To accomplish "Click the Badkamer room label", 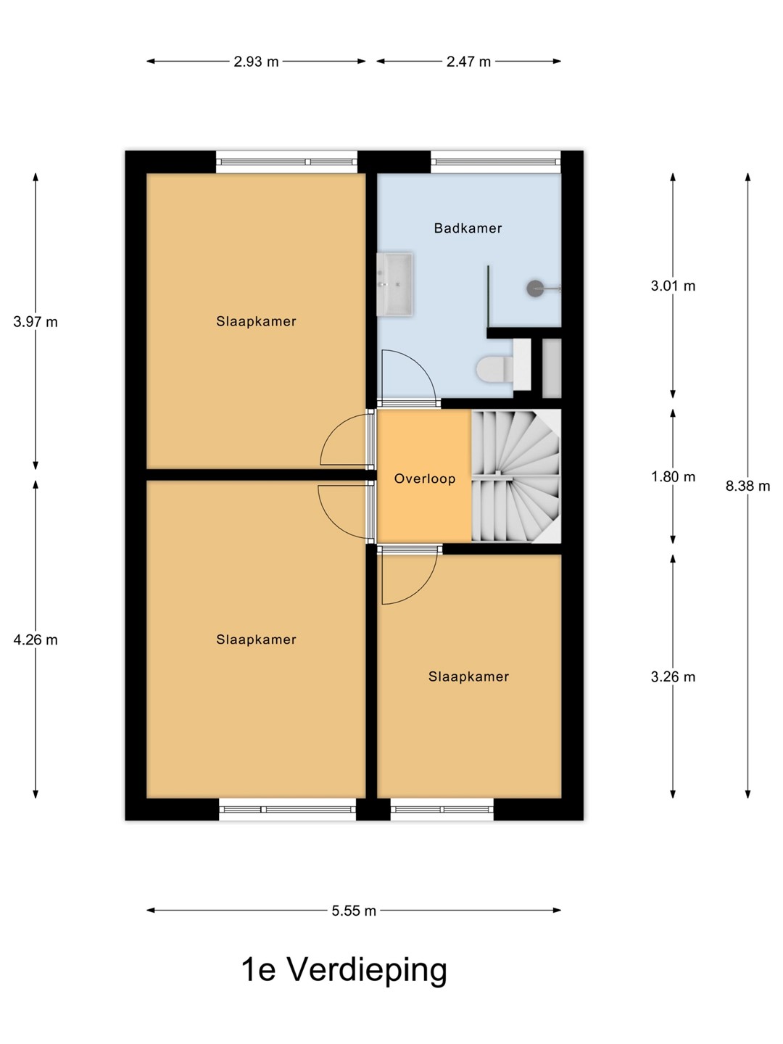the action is [x=468, y=228].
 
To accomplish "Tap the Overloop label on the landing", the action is [x=425, y=478].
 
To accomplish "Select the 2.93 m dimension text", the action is [x=256, y=62].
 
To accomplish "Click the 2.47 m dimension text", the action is [x=468, y=62].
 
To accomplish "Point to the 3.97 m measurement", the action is [x=36, y=322].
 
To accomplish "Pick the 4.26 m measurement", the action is [x=36, y=639].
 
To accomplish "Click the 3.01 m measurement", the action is [x=673, y=286].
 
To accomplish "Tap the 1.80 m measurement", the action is [x=673, y=476].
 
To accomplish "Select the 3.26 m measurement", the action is [x=673, y=677].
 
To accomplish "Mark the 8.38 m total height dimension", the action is [x=747, y=486].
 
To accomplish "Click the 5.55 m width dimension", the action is [x=354, y=911].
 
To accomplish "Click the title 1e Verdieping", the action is [x=344, y=970].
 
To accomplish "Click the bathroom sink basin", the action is [x=394, y=284].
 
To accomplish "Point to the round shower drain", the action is [x=535, y=289].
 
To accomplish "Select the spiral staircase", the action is [x=516, y=476].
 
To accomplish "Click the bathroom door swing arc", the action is [x=420, y=365].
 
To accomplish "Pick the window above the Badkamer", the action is [x=496, y=162].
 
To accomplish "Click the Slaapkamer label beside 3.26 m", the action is [x=468, y=676].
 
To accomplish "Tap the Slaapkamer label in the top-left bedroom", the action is [x=256, y=321].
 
